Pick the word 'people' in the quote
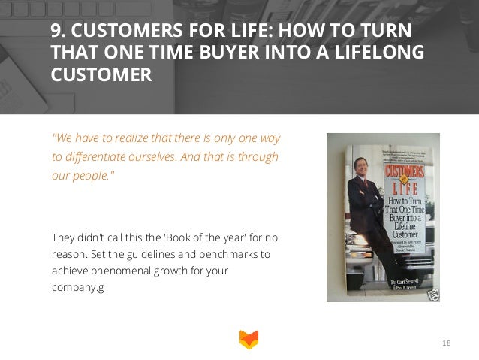[90, 176]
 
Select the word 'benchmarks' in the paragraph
[233, 254]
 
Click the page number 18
[447, 343]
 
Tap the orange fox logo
[247, 339]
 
